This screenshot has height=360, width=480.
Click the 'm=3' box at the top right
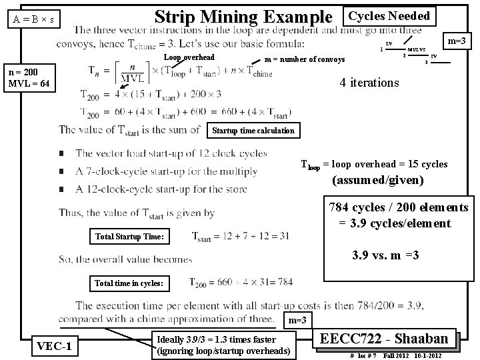pyautogui.click(x=459, y=42)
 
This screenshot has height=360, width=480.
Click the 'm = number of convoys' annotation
pyautogui.click(x=305, y=60)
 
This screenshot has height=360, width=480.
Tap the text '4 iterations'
pyautogui.click(x=369, y=83)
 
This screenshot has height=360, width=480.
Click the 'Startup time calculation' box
pyautogui.click(x=253, y=130)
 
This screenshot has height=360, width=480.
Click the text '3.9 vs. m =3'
pyautogui.click(x=385, y=254)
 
